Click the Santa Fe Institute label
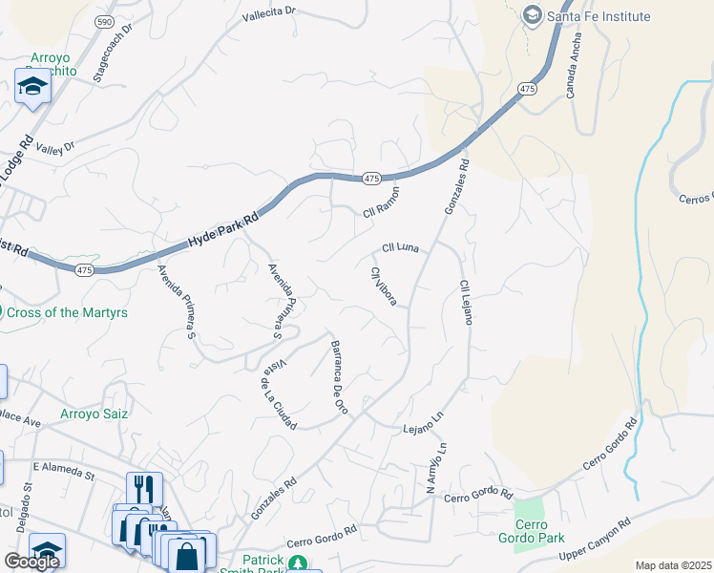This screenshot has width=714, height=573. coord(598,16)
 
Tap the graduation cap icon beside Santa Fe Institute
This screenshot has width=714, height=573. coord(532,16)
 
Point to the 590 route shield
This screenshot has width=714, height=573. coord(104,19)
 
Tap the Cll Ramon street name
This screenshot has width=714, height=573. coord(380,202)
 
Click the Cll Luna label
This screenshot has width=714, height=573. coord(401,247)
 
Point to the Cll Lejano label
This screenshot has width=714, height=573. coord(465,302)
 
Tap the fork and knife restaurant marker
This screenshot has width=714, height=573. coord(144,486)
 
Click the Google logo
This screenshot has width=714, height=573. coord(31,562)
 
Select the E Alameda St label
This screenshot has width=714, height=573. coord(65,467)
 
